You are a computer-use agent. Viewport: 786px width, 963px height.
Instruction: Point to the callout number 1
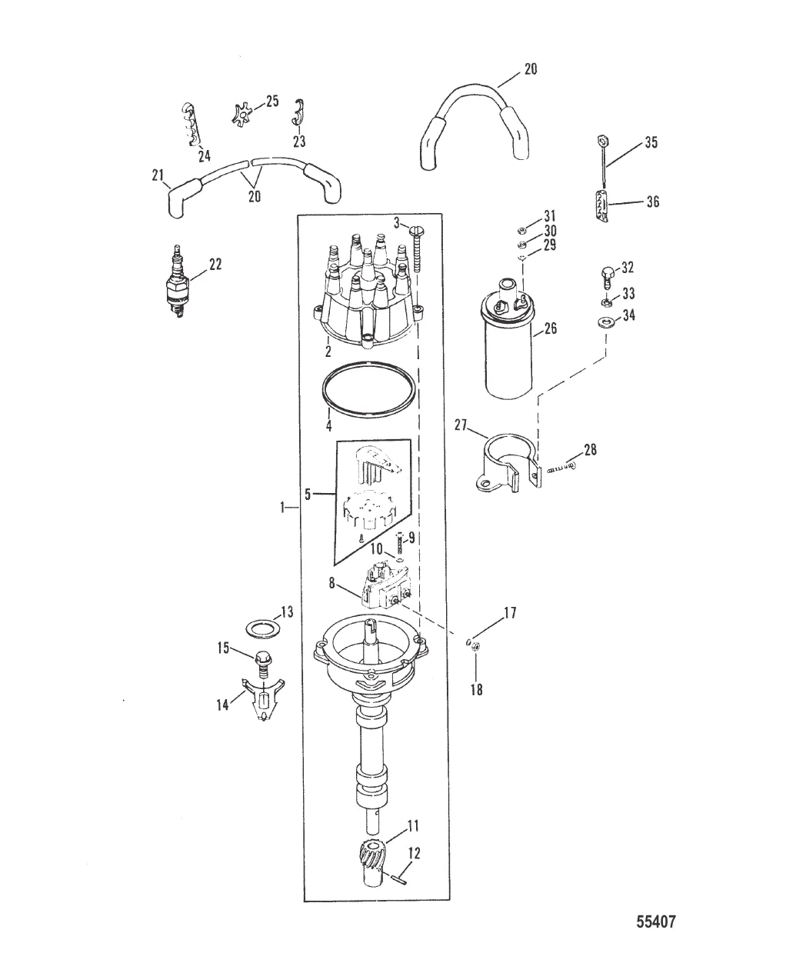click(284, 508)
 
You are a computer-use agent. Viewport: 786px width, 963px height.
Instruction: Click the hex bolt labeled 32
click(606, 275)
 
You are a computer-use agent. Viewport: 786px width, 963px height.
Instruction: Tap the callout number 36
click(652, 202)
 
